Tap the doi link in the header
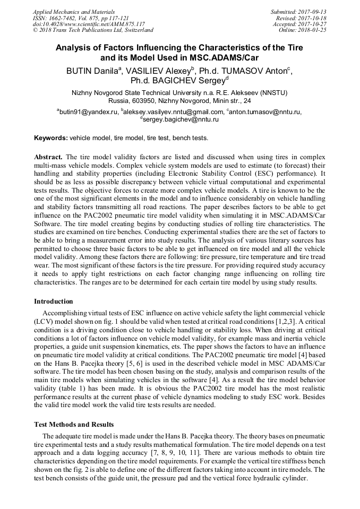click(89, 24)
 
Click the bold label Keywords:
click(51, 138)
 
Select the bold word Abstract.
click(48, 157)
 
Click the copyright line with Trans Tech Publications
click(93, 30)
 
